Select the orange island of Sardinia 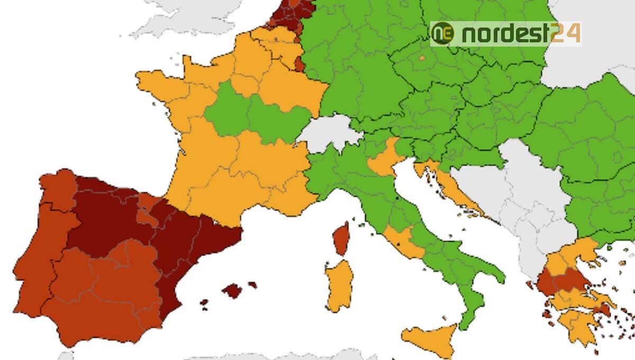[x=339, y=286]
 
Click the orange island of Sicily [x=431, y=339]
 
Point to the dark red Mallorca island [x=232, y=290]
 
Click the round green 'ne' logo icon [x=442, y=34]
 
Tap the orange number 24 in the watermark [x=566, y=33]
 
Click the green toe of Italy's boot [x=468, y=312]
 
